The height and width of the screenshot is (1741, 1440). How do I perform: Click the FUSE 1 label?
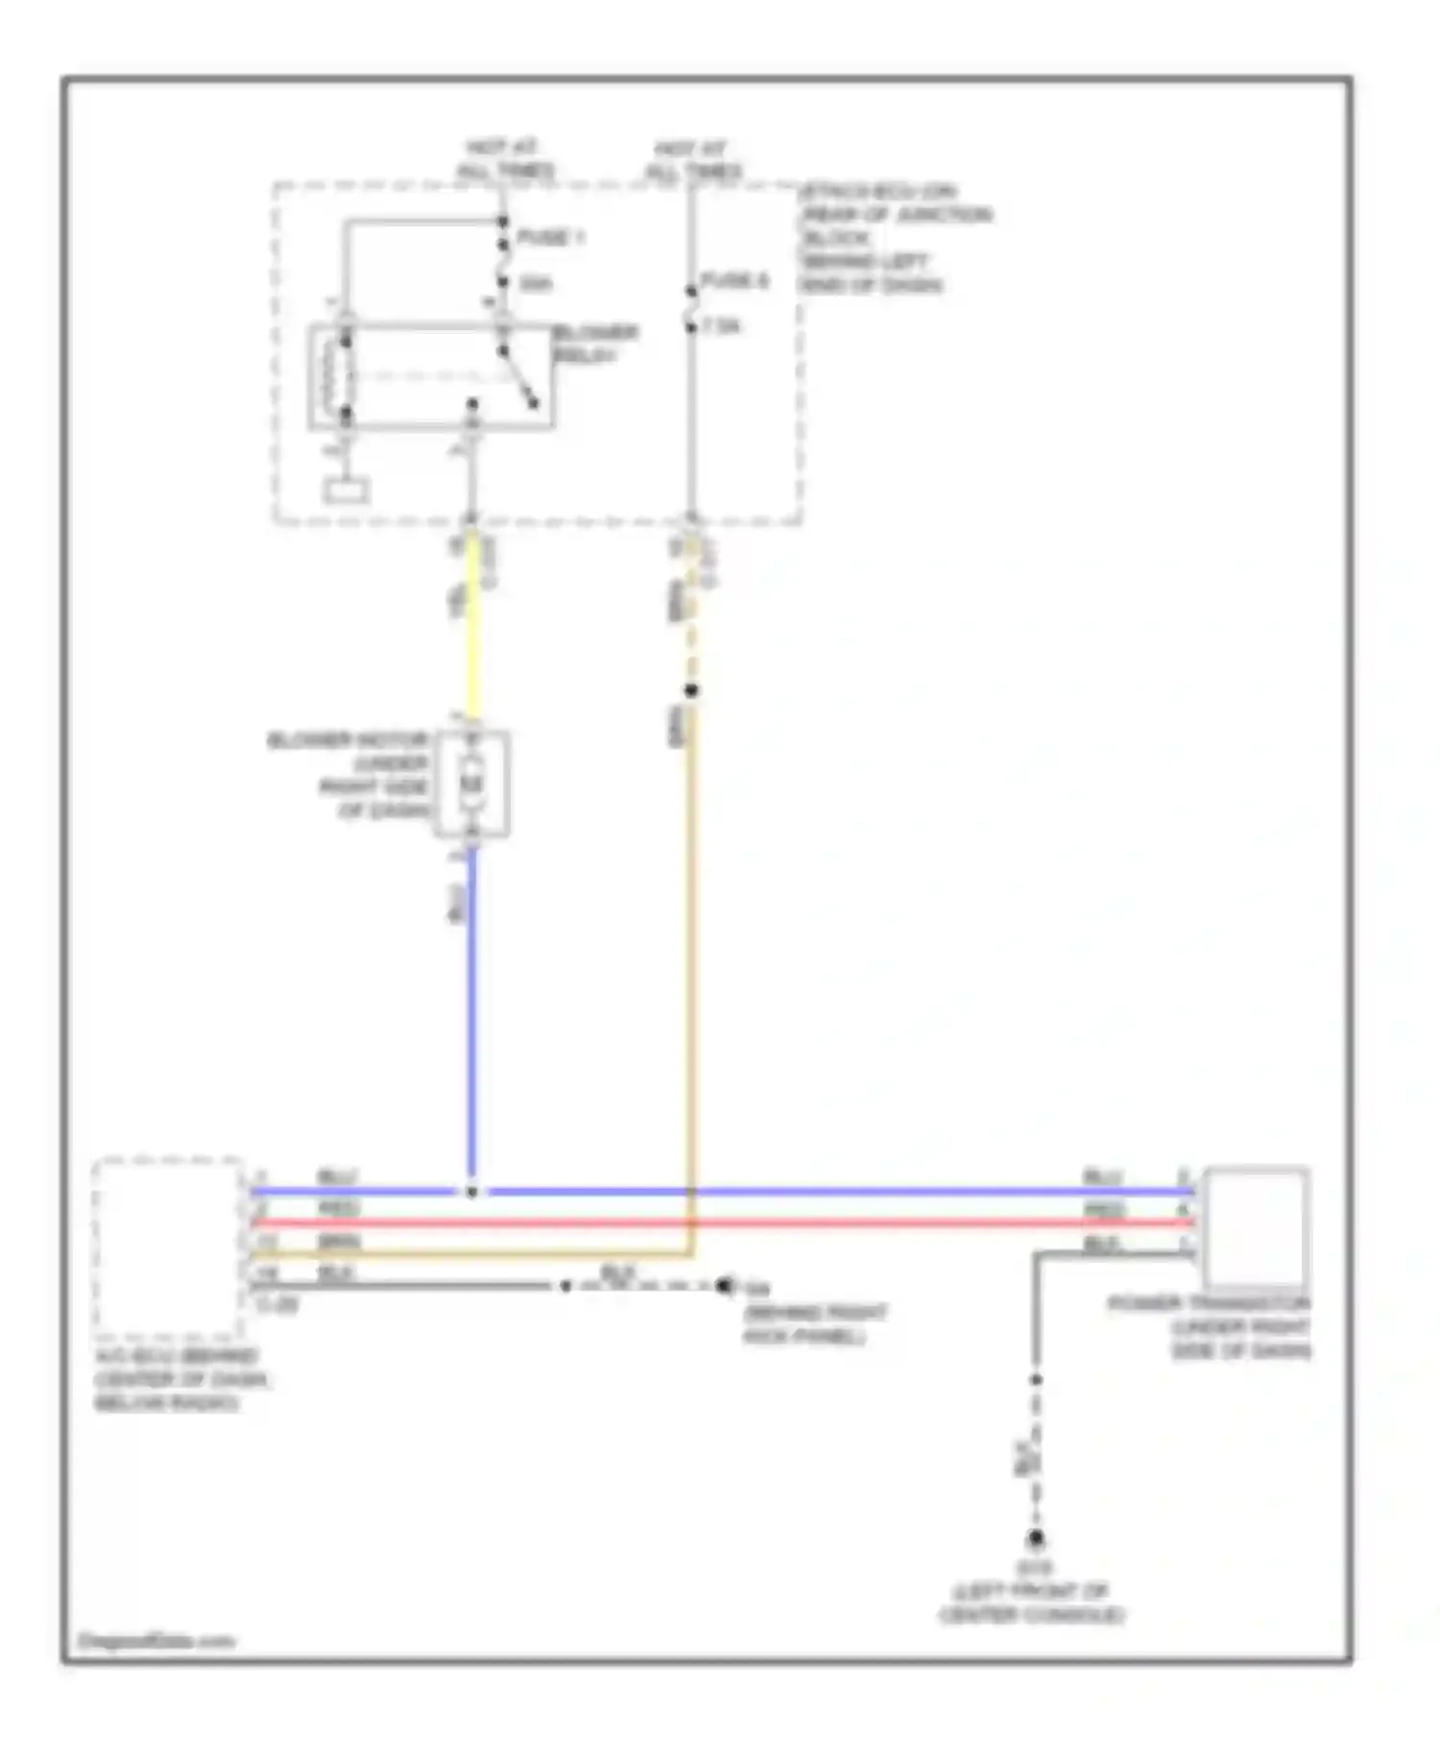point(550,237)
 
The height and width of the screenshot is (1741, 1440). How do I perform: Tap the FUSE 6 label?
point(734,281)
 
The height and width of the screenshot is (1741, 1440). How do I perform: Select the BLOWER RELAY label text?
point(595,344)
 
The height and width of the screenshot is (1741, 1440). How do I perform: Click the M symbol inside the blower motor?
point(471,784)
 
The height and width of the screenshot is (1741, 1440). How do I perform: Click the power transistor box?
point(1256,1228)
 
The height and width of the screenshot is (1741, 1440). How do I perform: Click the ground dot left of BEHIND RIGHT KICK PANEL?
point(725,1285)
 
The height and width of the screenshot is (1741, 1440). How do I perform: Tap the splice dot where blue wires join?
point(471,1192)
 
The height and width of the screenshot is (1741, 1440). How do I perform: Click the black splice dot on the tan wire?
point(691,690)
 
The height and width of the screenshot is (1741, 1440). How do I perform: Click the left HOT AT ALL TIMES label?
point(504,159)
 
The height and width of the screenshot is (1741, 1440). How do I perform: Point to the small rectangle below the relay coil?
point(346,491)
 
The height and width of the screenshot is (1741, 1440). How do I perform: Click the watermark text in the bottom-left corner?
point(156,1640)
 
